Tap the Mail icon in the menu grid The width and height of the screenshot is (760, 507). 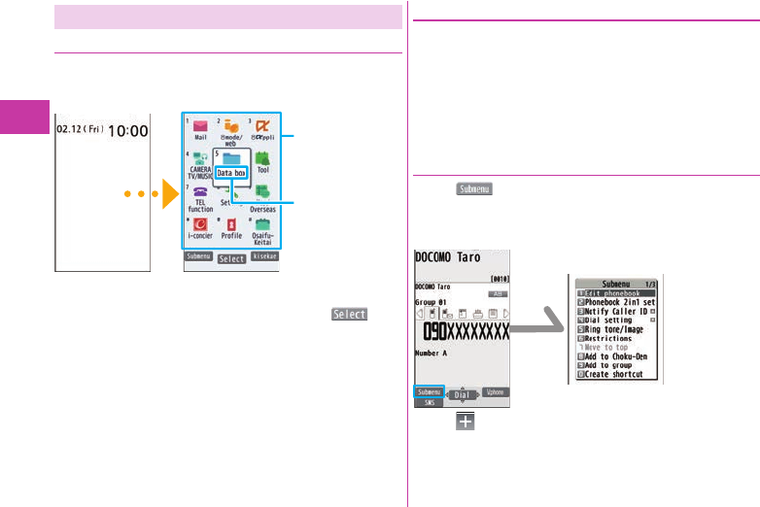tap(200, 127)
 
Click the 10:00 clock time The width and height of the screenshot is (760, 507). tap(127, 130)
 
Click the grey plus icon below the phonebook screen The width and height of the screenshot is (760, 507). tap(458, 420)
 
